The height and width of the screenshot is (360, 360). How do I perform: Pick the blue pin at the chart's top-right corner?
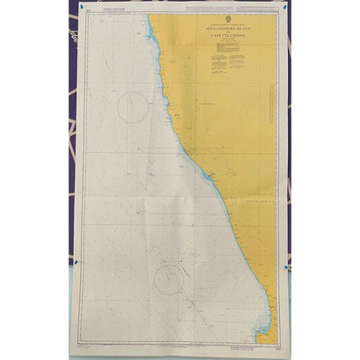pyautogui.click(x=285, y=8)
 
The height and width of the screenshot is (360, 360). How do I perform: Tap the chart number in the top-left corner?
pyautogui.click(x=80, y=13)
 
